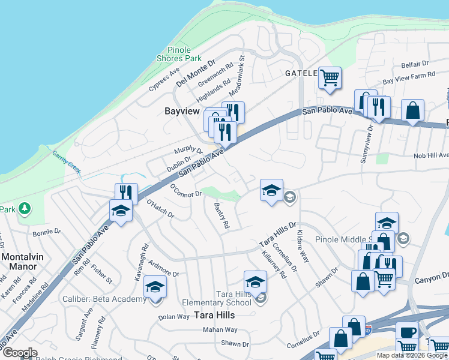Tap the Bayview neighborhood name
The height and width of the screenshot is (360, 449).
coord(182,111)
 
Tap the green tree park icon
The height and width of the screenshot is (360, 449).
coord(24,208)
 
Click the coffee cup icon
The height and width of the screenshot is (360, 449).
coord(407,332)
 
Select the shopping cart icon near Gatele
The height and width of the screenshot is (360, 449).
coord(330,77)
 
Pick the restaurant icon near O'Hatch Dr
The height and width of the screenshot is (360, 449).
coord(126,193)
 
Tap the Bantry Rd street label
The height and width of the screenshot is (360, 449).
coord(221,215)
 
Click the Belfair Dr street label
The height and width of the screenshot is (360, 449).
coord(415,63)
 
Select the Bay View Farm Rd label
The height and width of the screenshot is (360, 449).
coord(408,77)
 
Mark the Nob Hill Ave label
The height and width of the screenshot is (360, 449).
coord(431,155)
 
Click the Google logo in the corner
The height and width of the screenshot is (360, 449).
coord(20,353)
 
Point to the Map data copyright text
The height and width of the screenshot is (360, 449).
coord(412,355)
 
